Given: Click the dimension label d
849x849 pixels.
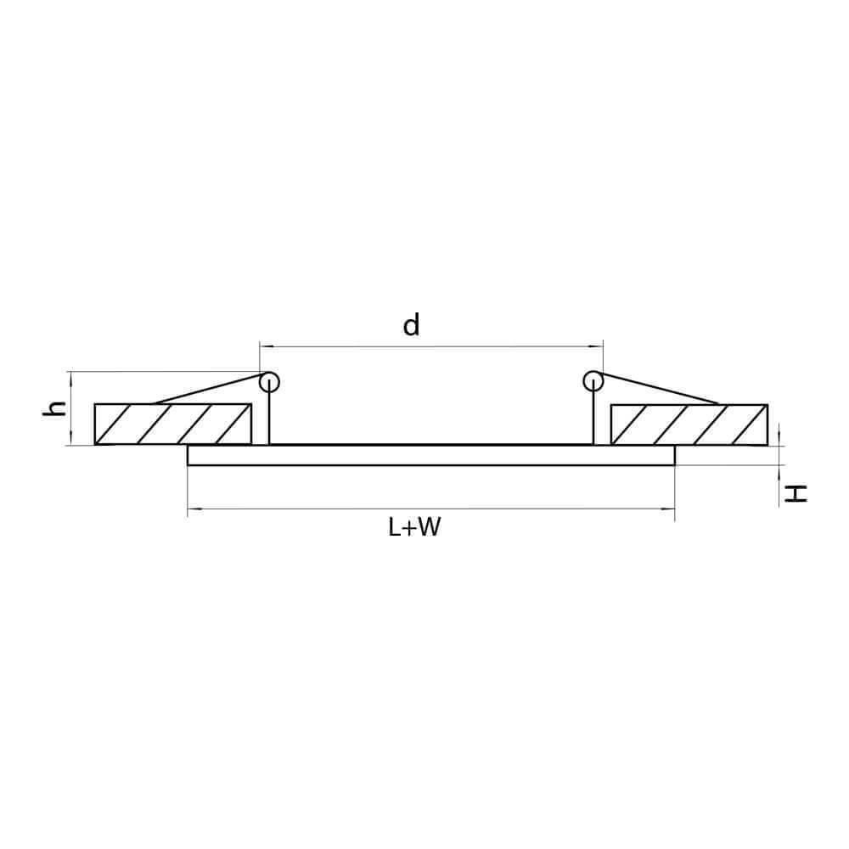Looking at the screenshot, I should tap(412, 324).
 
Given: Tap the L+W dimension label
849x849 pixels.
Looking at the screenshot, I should tap(415, 528).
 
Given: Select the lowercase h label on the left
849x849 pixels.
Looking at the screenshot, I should tap(55, 408).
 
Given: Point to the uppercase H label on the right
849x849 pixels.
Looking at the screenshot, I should tap(796, 493).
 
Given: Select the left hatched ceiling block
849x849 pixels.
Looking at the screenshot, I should tap(173, 424).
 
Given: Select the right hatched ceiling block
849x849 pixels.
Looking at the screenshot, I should tap(689, 424).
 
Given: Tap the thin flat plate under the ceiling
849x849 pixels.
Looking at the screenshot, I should tap(430, 455).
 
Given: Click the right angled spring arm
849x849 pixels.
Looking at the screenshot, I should tap(658, 390).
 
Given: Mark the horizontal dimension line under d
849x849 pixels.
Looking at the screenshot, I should tap(430, 346).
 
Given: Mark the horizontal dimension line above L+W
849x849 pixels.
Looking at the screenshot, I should tap(430, 509).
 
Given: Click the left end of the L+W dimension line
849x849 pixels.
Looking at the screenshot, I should tap(188, 509).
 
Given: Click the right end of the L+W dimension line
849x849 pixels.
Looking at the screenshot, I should tap(674, 509).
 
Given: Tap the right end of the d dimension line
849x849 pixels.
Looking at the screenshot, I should tap(602, 346).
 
